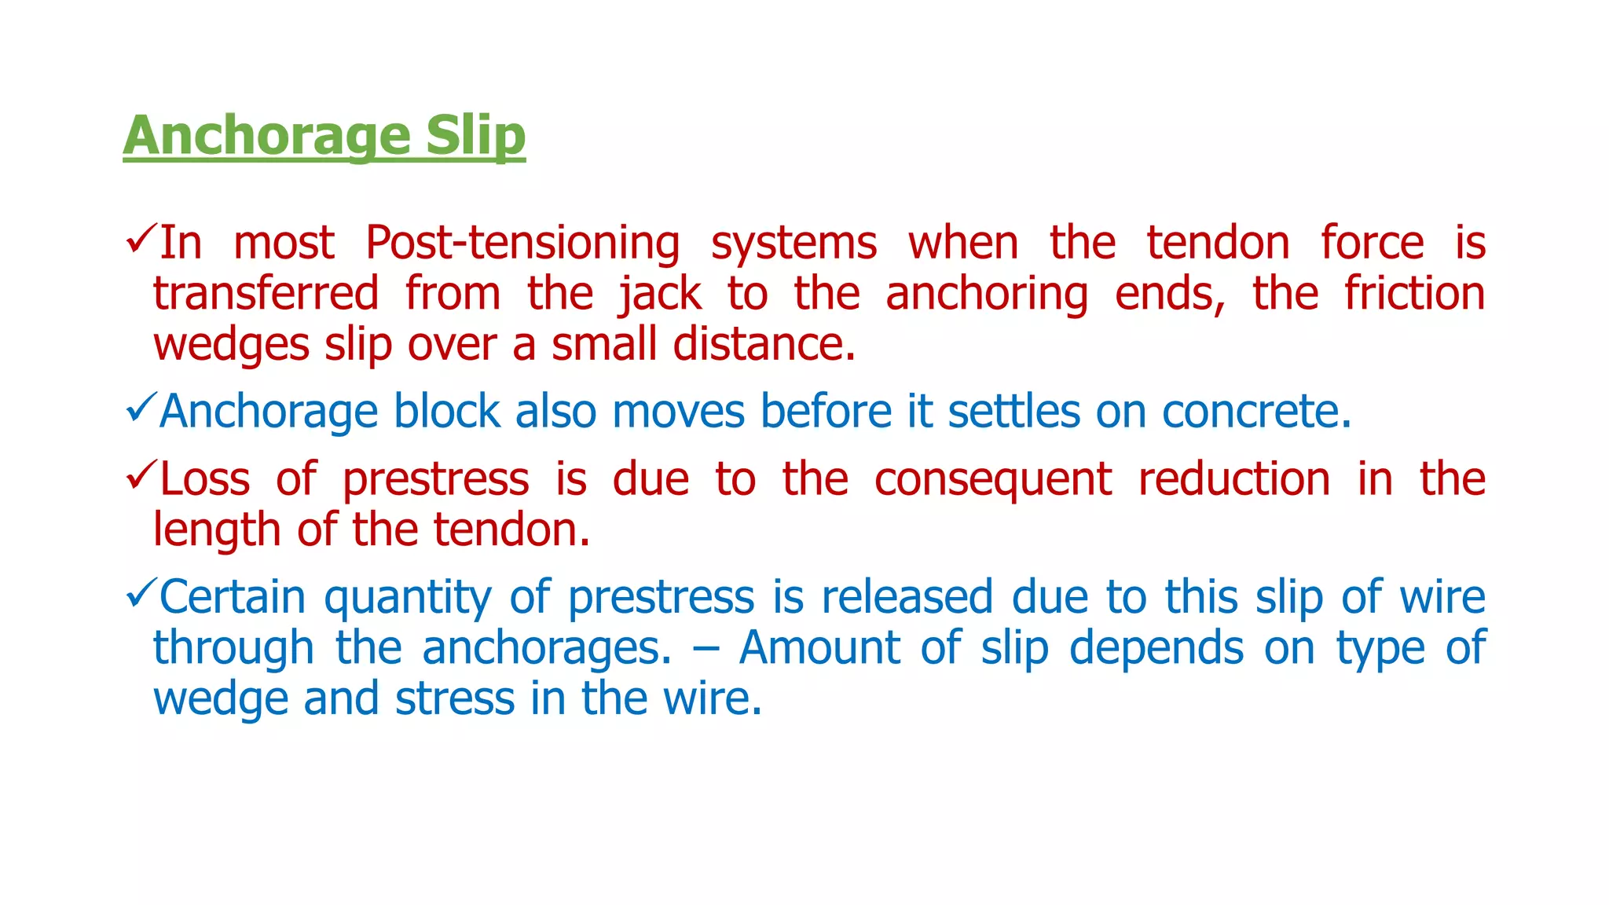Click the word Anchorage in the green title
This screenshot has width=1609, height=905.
coord(266,135)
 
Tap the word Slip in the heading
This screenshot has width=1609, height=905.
coord(475,135)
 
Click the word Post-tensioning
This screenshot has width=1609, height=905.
coord(522,243)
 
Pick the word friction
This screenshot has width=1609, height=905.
coord(1414,294)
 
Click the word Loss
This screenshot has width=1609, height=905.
coord(204,479)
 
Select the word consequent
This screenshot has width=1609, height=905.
coord(993,479)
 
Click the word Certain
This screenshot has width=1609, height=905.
coord(233,597)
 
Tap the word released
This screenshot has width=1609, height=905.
coord(907,597)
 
